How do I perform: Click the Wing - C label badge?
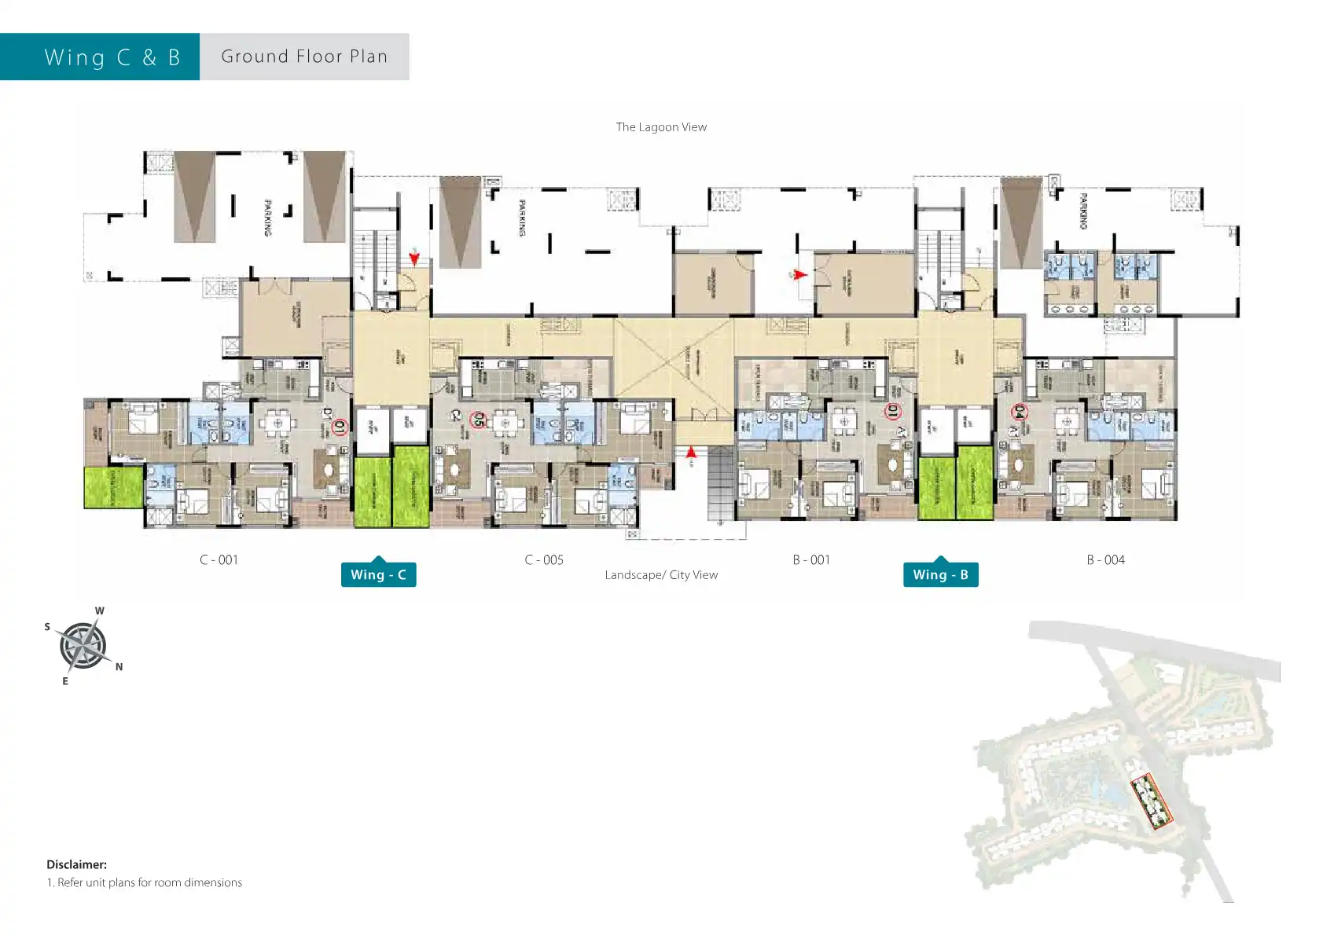point(378,574)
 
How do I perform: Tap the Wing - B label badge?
point(940,574)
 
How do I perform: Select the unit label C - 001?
point(219,559)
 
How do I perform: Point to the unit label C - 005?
point(544,559)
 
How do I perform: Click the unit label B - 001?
point(811,559)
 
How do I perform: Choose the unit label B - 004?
point(1105,559)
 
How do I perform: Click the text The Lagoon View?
point(661,126)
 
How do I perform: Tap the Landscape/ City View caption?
point(661,574)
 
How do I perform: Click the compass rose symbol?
point(83,646)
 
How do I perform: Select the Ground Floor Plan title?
point(304,57)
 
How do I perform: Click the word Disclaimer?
point(76,864)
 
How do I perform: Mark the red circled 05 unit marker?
point(478,420)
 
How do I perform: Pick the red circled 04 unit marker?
point(1019,411)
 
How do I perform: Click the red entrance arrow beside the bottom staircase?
point(691,453)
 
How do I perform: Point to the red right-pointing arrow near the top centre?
point(799,275)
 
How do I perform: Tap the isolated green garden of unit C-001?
point(113,487)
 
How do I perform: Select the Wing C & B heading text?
point(112,57)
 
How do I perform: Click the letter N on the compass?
point(119,667)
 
